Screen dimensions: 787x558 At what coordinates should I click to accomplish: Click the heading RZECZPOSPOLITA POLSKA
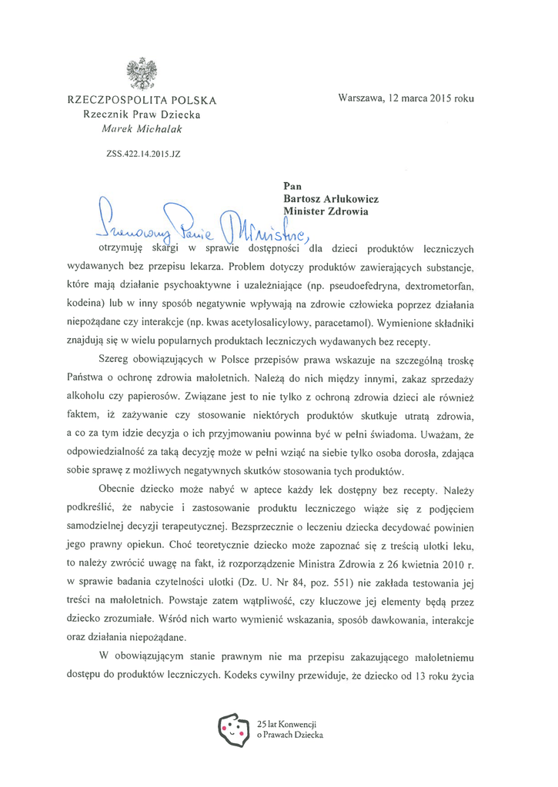click(x=142, y=100)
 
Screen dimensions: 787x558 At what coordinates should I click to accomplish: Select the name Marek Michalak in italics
click(x=142, y=128)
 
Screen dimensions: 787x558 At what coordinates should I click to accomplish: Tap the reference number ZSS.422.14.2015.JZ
click(x=143, y=154)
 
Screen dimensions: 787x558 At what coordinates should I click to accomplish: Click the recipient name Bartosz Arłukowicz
click(x=331, y=198)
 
